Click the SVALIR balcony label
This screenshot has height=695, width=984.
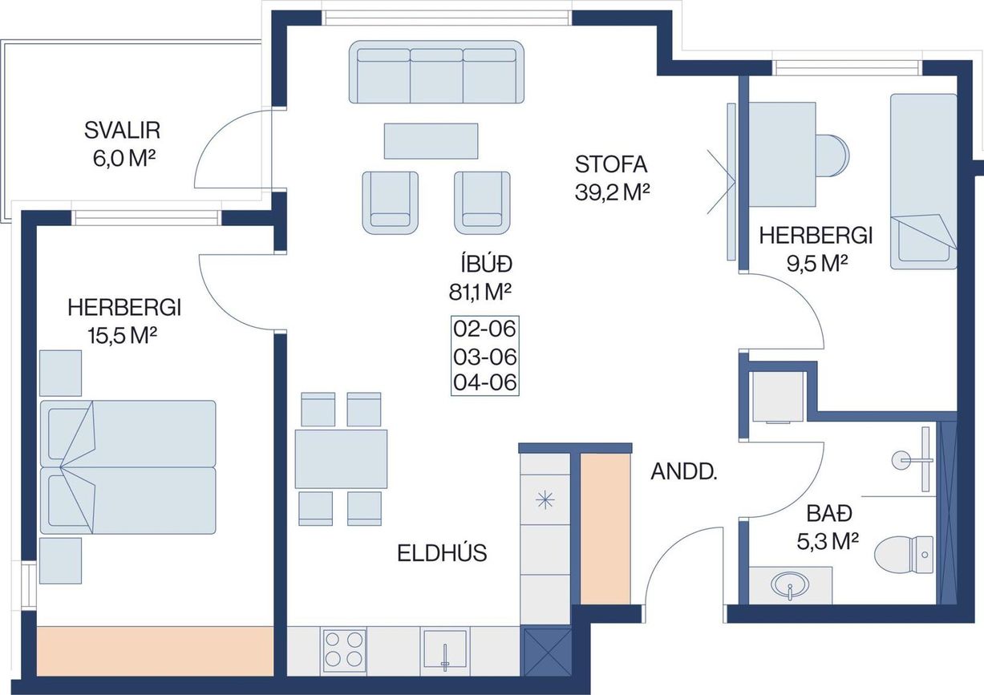pyautogui.click(x=122, y=131)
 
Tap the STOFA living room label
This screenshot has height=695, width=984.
pyautogui.click(x=611, y=164)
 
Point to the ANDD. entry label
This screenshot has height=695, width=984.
pyautogui.click(x=683, y=472)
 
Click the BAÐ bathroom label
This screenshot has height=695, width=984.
pyautogui.click(x=829, y=513)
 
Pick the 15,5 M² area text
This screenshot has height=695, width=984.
pyautogui.click(x=122, y=336)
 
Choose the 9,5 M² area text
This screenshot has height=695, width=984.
pyautogui.click(x=816, y=264)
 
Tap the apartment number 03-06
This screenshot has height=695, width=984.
pyautogui.click(x=484, y=358)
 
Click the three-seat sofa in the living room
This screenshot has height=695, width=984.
pyautogui.click(x=436, y=72)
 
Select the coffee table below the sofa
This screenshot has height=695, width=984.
pyautogui.click(x=431, y=141)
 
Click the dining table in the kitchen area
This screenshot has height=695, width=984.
pyautogui.click(x=341, y=459)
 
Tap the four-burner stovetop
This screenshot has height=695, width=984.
pyautogui.click(x=344, y=651)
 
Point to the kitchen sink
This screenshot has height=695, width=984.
pyautogui.click(x=445, y=651)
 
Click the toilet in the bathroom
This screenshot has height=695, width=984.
pyautogui.click(x=903, y=555)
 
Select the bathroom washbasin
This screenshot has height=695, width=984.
pyautogui.click(x=789, y=585)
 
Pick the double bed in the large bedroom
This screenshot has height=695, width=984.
pyautogui.click(x=128, y=467)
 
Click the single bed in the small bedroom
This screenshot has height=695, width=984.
pyautogui.click(x=923, y=181)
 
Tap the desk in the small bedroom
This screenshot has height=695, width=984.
pyautogui.click(x=783, y=154)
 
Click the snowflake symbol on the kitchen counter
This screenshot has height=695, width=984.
pyautogui.click(x=545, y=500)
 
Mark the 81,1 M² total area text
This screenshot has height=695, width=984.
pyautogui.click(x=480, y=292)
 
